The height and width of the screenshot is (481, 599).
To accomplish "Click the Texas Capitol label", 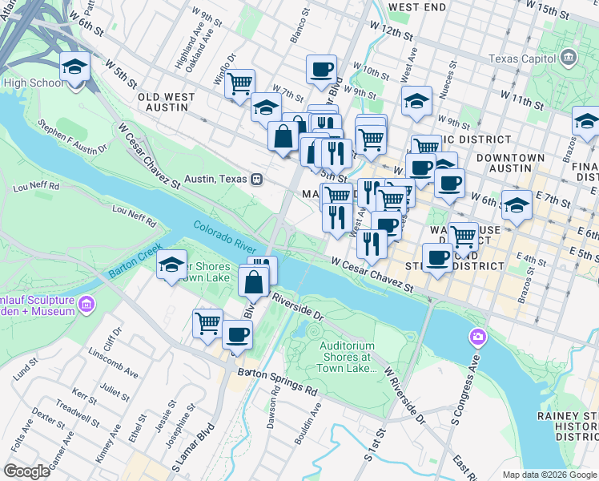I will point(521,58).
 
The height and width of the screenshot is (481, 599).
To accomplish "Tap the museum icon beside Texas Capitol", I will point(569,57).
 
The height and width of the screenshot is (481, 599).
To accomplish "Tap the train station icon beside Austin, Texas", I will point(256,179).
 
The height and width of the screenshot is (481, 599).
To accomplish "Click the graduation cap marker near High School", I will point(75,66).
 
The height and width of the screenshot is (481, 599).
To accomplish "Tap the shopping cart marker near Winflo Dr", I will point(239,83).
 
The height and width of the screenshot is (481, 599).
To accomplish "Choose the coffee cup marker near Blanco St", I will point(321,69).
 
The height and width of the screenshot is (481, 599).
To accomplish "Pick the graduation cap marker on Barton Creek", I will point(171,265).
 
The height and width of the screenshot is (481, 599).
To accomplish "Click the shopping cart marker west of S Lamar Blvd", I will point(207,322).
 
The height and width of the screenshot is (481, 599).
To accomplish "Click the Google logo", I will point(26,471).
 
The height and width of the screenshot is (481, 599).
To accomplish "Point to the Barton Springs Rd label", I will point(276,382).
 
